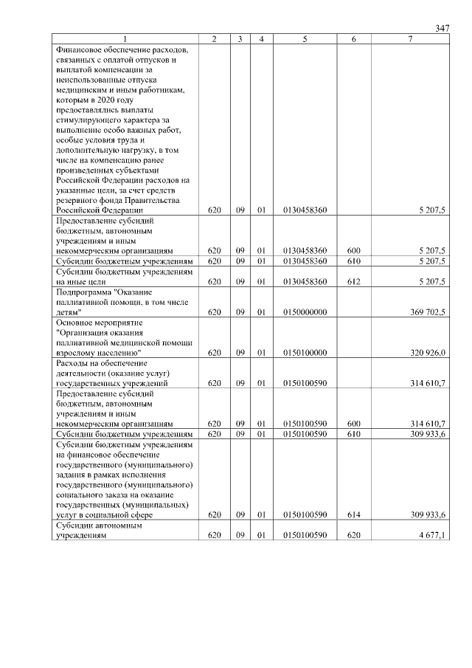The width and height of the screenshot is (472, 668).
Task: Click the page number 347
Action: coord(442,28)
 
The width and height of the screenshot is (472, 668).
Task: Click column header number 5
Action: coord(305,38)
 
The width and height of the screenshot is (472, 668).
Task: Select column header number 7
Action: coord(410,38)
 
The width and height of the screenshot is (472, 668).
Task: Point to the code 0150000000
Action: coord(305,312)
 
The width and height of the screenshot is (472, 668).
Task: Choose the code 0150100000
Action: coord(305,353)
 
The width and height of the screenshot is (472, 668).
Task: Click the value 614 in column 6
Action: coord(353,515)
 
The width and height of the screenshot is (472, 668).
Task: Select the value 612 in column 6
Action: coord(353,281)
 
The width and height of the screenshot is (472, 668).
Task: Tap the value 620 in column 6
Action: coord(353,536)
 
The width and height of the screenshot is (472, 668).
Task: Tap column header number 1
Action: coord(125,38)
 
